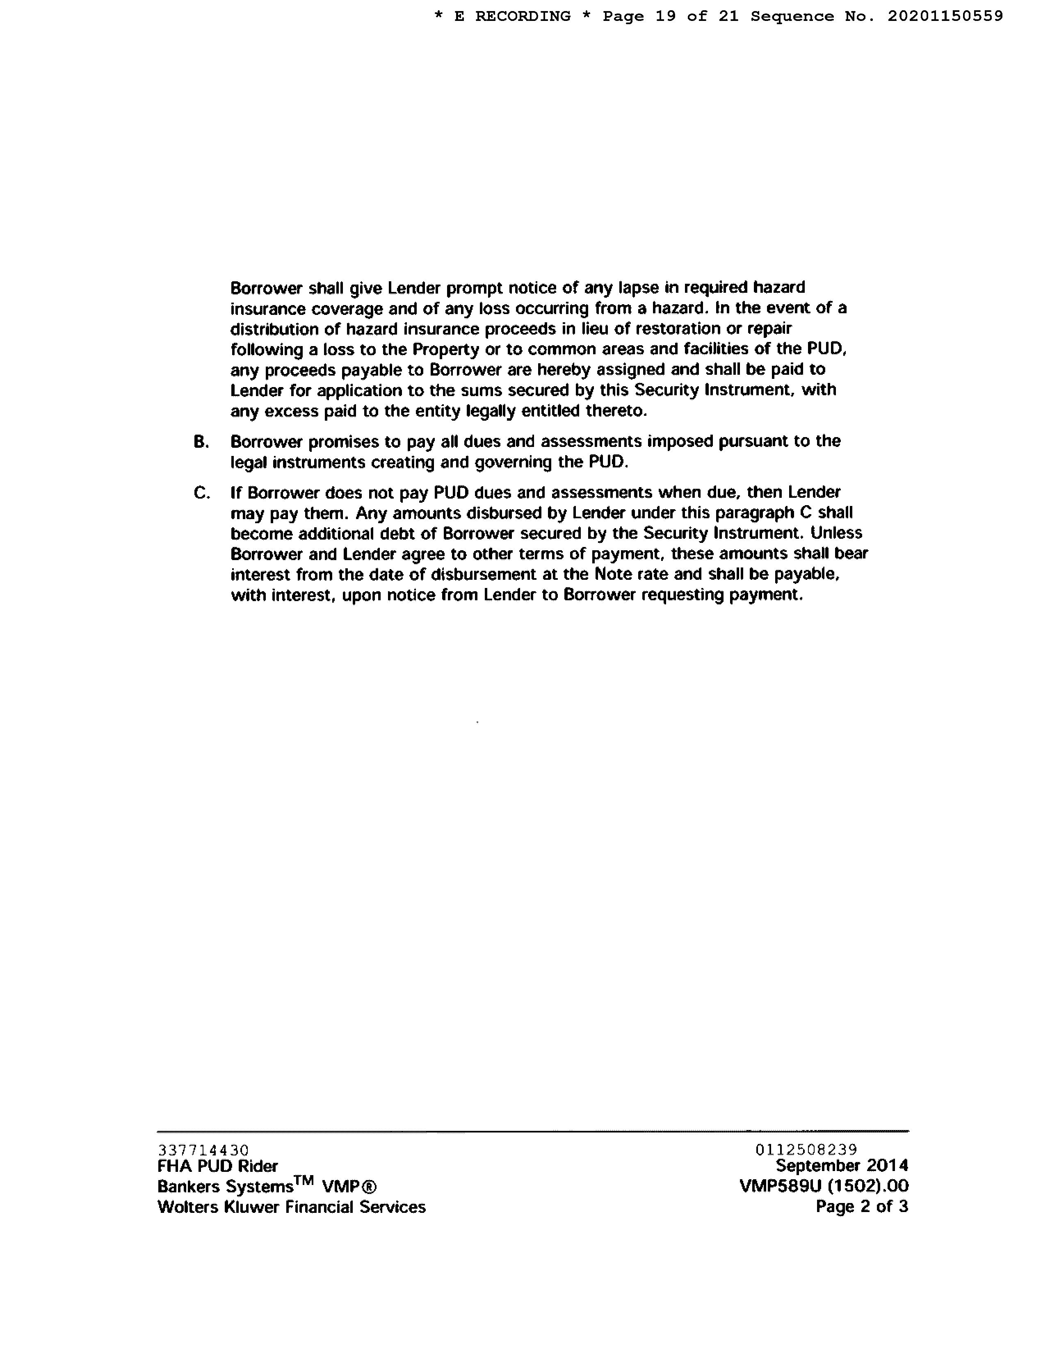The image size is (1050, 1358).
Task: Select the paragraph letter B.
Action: tap(200, 442)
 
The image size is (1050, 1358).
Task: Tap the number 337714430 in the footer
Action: tap(203, 1150)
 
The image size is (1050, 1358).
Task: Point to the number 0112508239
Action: tap(806, 1150)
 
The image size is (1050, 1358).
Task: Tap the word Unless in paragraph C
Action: tap(837, 533)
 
